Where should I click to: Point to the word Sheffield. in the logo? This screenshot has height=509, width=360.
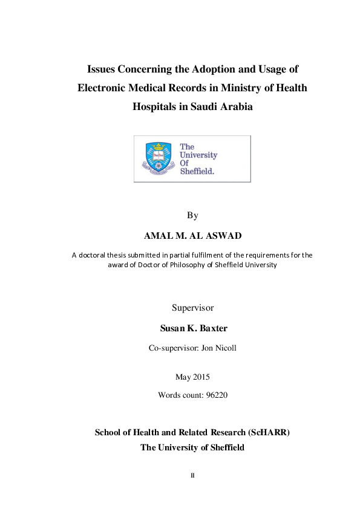197,171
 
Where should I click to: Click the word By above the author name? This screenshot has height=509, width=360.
192,215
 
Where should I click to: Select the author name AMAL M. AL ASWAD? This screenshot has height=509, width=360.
192,235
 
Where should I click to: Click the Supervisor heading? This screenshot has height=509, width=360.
192,308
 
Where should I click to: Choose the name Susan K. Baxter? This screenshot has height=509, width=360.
192,328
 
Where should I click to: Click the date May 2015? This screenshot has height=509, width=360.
192,377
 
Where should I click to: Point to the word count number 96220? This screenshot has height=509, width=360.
214,395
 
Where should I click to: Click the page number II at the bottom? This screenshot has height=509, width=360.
192,475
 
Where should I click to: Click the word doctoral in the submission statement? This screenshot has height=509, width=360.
94,255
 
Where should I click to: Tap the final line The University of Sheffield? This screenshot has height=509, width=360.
192,447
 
